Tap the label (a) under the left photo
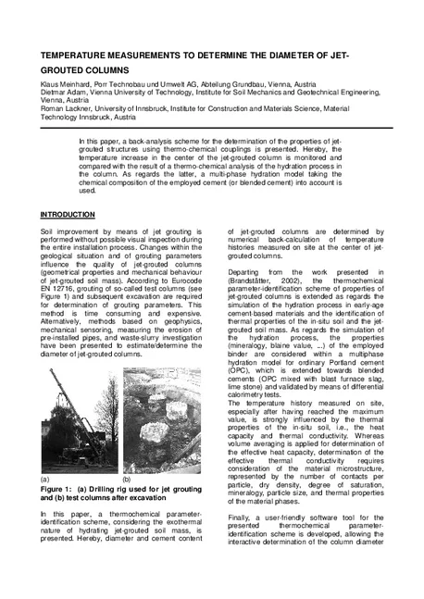tap(45, 480)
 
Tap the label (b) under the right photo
tap(127, 480)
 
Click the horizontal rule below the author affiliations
tap(211, 126)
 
